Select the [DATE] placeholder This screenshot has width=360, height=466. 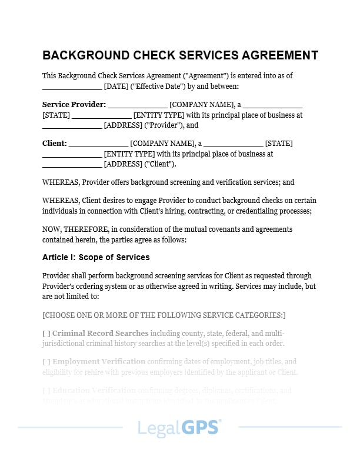tap(116, 86)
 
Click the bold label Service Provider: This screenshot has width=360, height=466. tap(74, 105)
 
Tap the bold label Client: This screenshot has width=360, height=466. tap(55, 144)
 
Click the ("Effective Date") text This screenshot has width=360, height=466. tap(159, 86)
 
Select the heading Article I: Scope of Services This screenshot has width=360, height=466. tap(96, 257)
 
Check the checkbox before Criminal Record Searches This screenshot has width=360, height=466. tap(46, 333)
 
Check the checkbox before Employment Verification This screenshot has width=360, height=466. tap(46, 361)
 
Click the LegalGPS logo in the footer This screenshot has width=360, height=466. tap(179, 428)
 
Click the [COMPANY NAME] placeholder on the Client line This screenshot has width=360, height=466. tap(162, 144)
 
